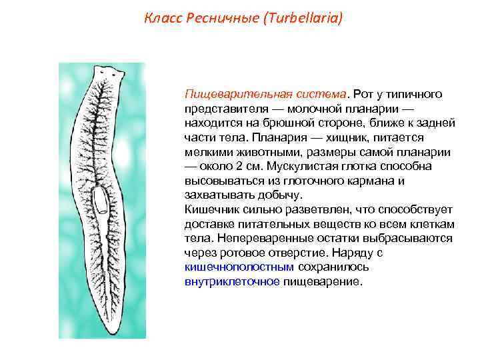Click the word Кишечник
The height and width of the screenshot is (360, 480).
pos(211,209)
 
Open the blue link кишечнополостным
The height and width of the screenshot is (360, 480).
pos(239,267)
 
